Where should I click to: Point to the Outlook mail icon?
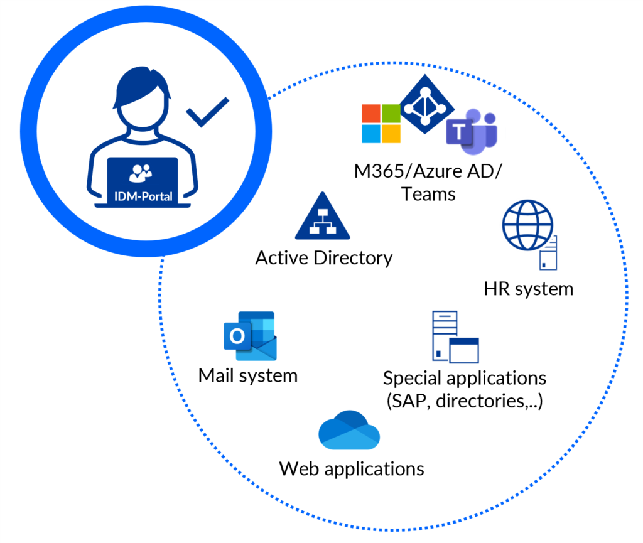point(250,335)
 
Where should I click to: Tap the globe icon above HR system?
point(527,225)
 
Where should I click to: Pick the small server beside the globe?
point(549,252)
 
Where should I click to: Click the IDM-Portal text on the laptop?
point(143,195)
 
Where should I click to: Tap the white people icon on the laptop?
point(141,171)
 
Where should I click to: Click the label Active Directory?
point(323,258)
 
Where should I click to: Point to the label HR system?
point(528,289)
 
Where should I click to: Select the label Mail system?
point(247,375)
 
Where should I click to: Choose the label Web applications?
point(352,468)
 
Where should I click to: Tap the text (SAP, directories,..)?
point(464,401)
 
